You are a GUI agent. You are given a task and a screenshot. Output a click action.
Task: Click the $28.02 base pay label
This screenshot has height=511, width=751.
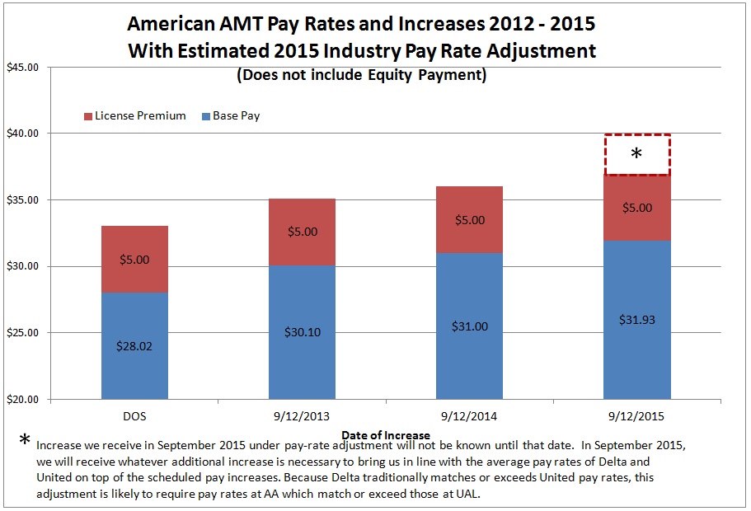[x=134, y=346]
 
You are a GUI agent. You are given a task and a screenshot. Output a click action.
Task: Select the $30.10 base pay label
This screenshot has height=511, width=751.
[x=303, y=333]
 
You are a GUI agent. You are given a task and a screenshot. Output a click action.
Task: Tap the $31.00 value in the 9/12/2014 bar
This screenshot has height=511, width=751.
[x=469, y=326]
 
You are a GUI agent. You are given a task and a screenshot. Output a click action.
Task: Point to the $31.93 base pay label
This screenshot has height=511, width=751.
[x=636, y=320]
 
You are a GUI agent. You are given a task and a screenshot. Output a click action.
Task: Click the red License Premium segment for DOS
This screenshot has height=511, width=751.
[x=134, y=259]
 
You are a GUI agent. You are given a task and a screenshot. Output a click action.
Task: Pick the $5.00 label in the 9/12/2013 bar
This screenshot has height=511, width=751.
[x=303, y=232]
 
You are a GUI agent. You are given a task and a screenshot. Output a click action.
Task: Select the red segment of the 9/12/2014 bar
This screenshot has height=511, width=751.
[x=469, y=220]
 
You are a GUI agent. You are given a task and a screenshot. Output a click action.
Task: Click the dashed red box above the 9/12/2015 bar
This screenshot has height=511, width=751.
[x=636, y=154]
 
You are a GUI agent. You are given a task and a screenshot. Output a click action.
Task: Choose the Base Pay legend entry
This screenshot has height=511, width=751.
[x=230, y=116]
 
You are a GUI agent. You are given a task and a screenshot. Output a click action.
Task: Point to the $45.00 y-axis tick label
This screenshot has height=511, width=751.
[x=22, y=67]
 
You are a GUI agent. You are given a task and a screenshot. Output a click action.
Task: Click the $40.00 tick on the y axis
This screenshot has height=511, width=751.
[x=22, y=134]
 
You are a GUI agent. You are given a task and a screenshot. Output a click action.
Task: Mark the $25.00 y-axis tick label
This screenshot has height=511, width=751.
[x=22, y=333]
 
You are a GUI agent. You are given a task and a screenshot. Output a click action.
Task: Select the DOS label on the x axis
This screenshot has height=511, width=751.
[x=134, y=416]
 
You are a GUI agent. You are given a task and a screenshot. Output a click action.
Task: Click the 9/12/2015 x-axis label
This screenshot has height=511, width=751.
[x=636, y=416]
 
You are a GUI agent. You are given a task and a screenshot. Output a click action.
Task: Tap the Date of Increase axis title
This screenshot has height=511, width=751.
[x=386, y=434]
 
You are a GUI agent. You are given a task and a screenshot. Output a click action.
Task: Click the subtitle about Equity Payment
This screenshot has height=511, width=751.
[x=361, y=75]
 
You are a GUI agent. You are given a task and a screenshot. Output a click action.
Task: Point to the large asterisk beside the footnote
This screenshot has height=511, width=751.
[x=26, y=441]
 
